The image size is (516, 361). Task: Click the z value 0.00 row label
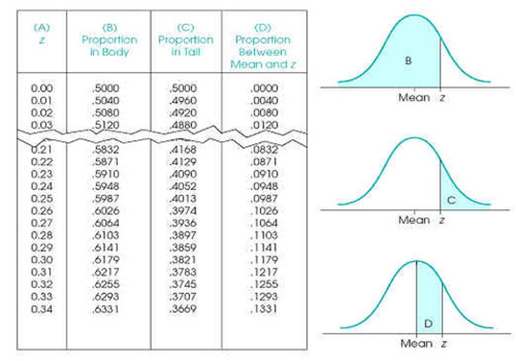click(42, 88)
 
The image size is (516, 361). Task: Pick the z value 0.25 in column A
click(42, 198)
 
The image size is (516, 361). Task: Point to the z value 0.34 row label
click(42, 309)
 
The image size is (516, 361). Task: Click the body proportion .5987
click(106, 198)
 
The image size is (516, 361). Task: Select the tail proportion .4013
click(183, 198)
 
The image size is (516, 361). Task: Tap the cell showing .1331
click(264, 309)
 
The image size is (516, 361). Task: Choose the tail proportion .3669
click(183, 309)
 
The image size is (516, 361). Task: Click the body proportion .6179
click(106, 260)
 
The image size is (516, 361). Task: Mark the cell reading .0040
click(264, 101)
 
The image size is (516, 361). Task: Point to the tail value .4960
click(183, 101)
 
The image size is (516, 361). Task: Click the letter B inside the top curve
click(408, 61)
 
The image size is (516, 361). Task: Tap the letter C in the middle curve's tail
click(451, 200)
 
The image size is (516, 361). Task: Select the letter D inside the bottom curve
click(428, 323)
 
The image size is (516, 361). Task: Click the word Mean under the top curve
click(414, 97)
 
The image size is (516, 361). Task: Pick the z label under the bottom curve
click(444, 343)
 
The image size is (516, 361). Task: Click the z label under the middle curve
click(442, 220)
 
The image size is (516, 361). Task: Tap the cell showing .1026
click(264, 211)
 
